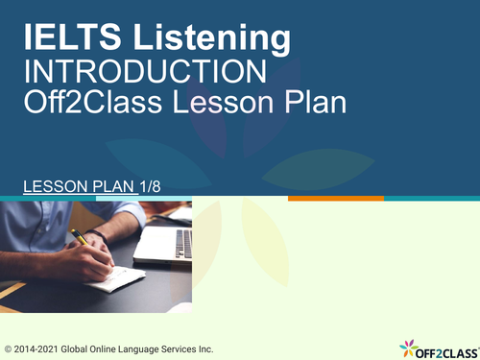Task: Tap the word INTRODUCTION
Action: [x=145, y=71]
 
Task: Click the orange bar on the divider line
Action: [x=335, y=199]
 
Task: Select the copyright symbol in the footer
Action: [x=9, y=348]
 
